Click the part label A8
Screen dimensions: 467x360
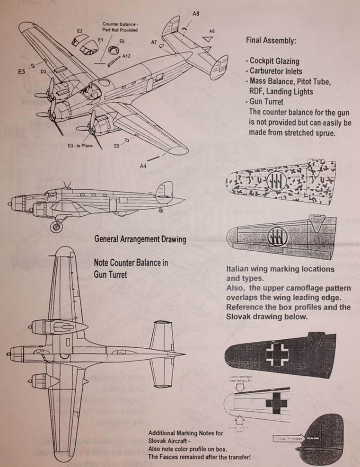pos(195,14)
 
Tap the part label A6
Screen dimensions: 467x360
pos(212,31)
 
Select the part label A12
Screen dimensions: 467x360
pos(126,56)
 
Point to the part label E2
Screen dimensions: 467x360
pos(80,31)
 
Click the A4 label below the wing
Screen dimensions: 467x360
pos(143,166)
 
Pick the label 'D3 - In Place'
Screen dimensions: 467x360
pos(80,146)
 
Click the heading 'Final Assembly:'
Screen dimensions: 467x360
pos(271,41)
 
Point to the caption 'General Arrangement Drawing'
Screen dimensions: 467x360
pos(140,239)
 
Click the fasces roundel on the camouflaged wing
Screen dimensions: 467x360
pos(275,181)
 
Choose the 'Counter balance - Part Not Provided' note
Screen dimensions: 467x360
pos(120,26)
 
